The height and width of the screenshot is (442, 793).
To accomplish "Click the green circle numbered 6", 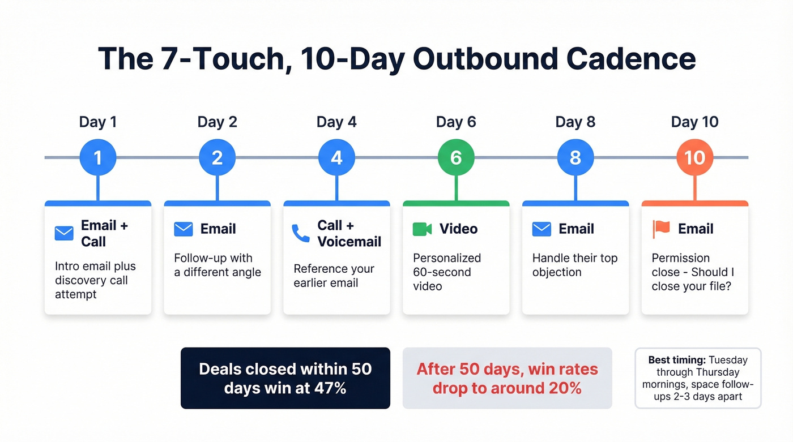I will point(456,157).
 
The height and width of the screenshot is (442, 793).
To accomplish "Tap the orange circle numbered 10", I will point(694,157).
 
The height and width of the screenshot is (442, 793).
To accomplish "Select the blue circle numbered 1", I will point(98,157).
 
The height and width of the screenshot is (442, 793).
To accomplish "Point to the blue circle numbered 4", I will point(336,157).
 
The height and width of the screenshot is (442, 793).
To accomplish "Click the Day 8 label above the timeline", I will point(575,122).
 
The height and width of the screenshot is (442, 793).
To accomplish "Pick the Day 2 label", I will point(217,122).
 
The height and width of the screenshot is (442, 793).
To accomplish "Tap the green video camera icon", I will point(422,229).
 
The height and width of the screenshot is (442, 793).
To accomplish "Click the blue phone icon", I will point(301,233).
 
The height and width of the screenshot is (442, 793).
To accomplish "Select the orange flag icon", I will point(661,229).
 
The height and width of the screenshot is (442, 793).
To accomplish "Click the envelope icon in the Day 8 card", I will point(542,229).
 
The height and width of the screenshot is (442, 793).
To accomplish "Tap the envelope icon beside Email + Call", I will point(64,233).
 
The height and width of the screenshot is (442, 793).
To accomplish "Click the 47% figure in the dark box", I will point(327,388).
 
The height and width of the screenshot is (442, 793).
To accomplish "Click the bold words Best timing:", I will point(677,360).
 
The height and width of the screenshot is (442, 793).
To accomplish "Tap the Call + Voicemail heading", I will point(349,233).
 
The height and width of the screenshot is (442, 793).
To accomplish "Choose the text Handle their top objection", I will point(574,265).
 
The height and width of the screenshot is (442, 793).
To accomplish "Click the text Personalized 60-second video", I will point(446,272).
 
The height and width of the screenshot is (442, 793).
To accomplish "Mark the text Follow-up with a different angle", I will point(217,265).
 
